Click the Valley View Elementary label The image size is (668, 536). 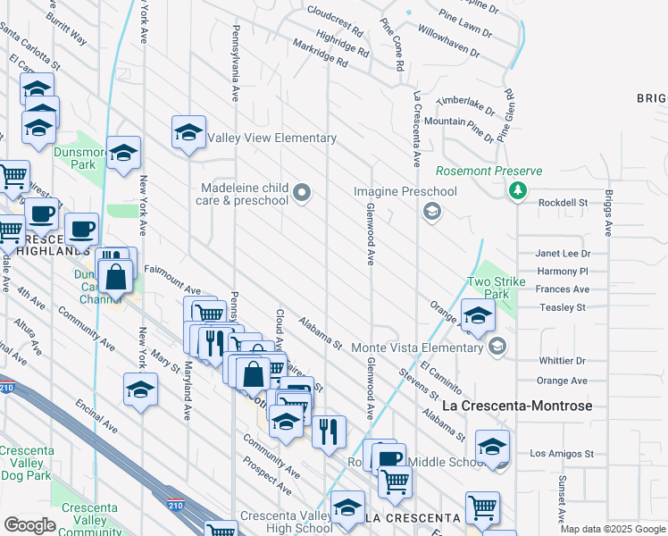[271, 138]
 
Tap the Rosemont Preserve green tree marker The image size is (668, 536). [517, 190]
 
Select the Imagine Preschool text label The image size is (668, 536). [405, 191]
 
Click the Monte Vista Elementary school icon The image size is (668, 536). [497, 347]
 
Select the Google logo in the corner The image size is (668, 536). [29, 525]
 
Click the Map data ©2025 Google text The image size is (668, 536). [613, 529]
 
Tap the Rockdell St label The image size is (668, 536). [564, 203]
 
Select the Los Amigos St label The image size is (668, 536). [563, 454]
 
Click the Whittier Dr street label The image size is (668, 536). [563, 361]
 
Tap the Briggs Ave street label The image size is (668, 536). [608, 212]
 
